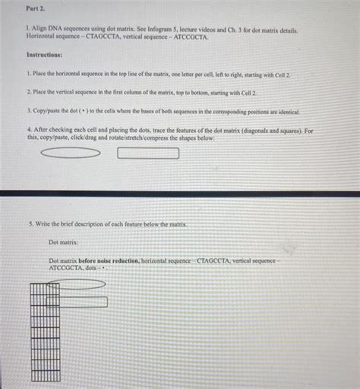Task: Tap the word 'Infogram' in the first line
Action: (x=166, y=30)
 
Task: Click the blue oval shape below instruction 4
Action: (x=70, y=153)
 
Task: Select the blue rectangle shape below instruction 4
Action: (x=149, y=153)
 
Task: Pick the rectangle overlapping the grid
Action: (x=77, y=302)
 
